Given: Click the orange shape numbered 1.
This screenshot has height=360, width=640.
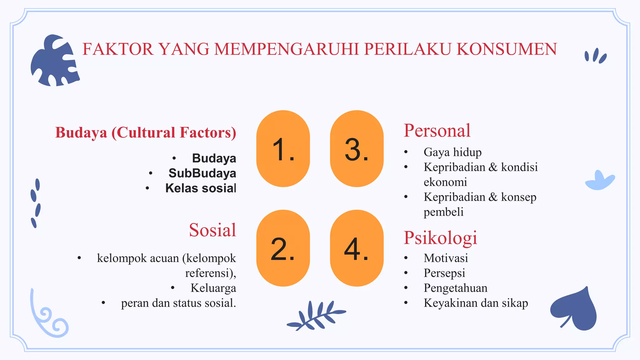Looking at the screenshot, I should (x=283, y=149).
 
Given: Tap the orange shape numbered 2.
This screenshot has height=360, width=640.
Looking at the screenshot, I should (x=283, y=248).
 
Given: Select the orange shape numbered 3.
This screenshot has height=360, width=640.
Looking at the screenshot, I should (x=357, y=149).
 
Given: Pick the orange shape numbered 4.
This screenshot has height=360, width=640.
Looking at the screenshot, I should (x=357, y=248).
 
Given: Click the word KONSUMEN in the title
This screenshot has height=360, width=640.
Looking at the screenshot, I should (x=507, y=49).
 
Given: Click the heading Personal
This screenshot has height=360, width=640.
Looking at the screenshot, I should (x=437, y=131).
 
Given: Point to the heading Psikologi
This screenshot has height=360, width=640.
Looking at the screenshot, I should (x=440, y=237).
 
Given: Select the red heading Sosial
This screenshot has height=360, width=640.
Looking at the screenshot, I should (x=212, y=230).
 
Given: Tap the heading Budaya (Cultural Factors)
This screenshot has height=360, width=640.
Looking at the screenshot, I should (x=146, y=132).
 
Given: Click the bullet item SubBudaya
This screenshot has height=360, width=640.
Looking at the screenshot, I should (x=202, y=173).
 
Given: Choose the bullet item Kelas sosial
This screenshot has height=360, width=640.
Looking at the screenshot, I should (x=201, y=188).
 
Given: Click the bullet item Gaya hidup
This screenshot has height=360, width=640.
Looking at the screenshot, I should (x=452, y=152).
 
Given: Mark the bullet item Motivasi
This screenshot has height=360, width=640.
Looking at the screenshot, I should (x=446, y=258).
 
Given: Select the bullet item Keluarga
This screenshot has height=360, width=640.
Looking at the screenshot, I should (x=213, y=288).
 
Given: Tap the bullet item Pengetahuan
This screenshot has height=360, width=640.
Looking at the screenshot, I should (x=455, y=288).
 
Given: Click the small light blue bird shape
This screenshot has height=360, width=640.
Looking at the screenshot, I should (x=599, y=181).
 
